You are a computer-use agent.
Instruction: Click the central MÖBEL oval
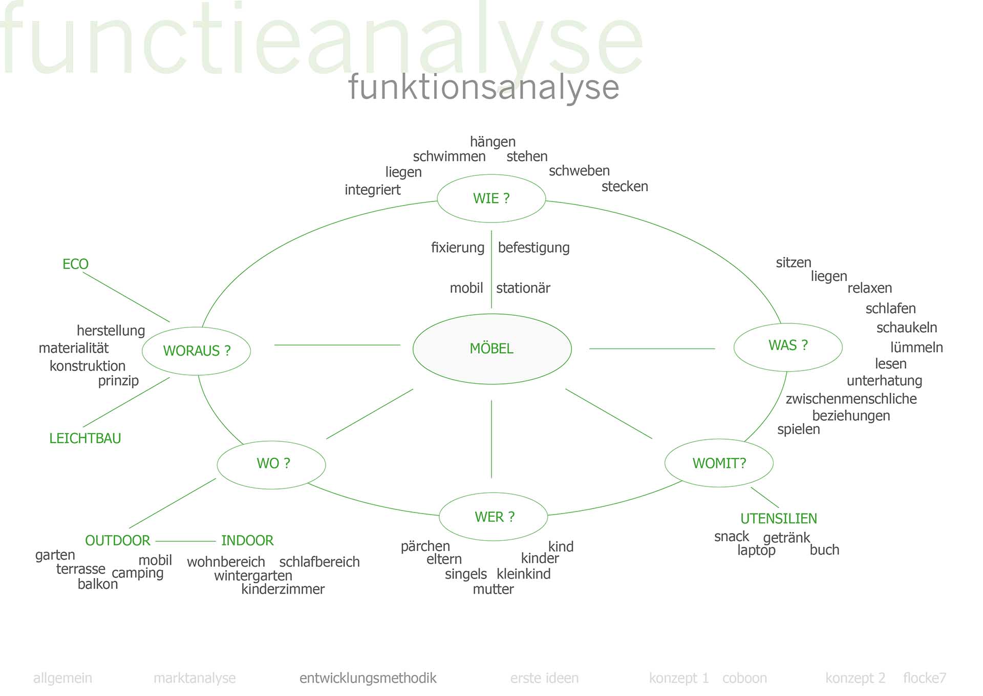491,349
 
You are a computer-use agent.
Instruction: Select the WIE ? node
491,198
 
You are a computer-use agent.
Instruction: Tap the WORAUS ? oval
197,351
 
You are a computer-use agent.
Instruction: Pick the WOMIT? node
719,463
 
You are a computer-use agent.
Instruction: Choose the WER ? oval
494,517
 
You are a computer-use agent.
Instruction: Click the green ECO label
75,264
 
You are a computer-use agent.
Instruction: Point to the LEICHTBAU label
85,438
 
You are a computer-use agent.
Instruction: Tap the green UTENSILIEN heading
778,519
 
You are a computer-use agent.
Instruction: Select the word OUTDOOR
118,541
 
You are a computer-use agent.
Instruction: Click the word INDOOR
247,541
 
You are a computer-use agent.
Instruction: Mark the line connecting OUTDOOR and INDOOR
185,541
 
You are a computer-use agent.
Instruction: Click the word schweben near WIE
579,171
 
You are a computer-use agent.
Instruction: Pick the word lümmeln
916,347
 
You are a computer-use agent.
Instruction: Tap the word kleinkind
523,574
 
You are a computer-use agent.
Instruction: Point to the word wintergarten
253,576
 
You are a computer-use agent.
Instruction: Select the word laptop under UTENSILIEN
756,550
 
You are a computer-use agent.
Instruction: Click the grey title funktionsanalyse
483,87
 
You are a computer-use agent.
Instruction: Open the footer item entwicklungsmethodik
368,678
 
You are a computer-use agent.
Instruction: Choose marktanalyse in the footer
195,678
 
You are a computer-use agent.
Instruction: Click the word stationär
523,288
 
